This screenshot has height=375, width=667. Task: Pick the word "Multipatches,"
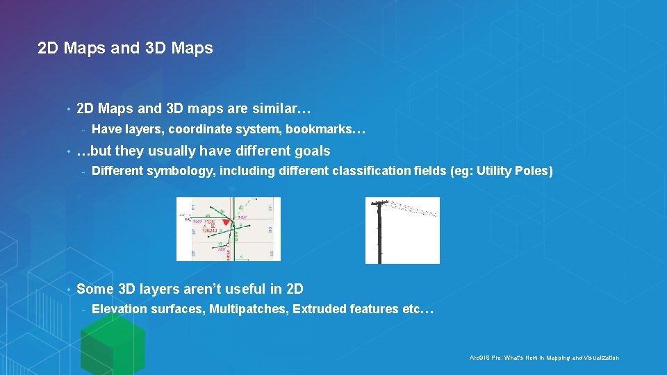click(249, 309)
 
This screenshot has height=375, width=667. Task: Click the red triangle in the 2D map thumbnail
click(225, 222)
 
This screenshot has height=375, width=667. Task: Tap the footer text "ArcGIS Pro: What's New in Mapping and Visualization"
click(544, 358)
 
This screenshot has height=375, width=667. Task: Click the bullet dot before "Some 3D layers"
click(68, 289)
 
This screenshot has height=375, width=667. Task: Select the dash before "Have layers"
click(83, 130)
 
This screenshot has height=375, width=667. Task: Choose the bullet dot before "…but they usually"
click(68, 151)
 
